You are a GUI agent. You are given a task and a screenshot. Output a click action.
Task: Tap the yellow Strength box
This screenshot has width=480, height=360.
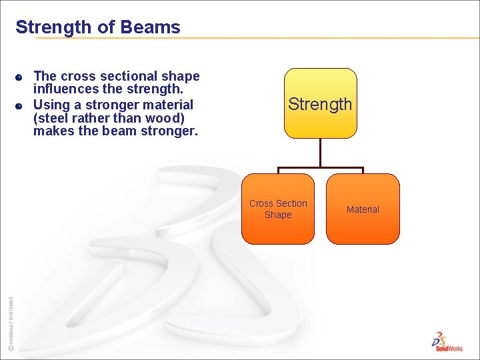320,103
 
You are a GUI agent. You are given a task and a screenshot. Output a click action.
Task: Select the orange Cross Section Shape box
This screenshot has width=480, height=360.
278,209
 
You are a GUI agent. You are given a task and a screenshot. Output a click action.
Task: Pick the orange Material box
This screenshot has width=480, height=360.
363,209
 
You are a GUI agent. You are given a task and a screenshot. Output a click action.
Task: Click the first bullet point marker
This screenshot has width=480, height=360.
20,77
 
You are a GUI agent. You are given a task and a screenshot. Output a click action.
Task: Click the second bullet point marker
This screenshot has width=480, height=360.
20,105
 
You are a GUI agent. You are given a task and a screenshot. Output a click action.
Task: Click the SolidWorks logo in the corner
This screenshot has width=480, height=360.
447,341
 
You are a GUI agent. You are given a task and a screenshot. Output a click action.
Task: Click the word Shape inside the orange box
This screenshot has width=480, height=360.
278,215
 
